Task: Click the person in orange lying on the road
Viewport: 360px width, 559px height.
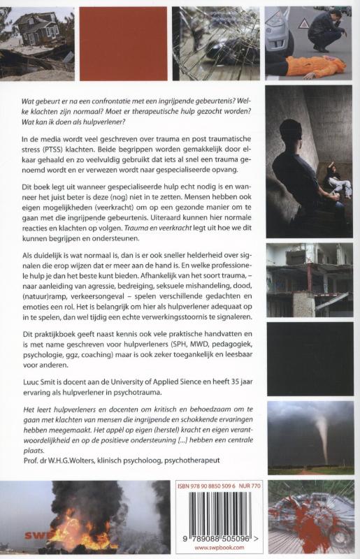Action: (313, 66)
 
